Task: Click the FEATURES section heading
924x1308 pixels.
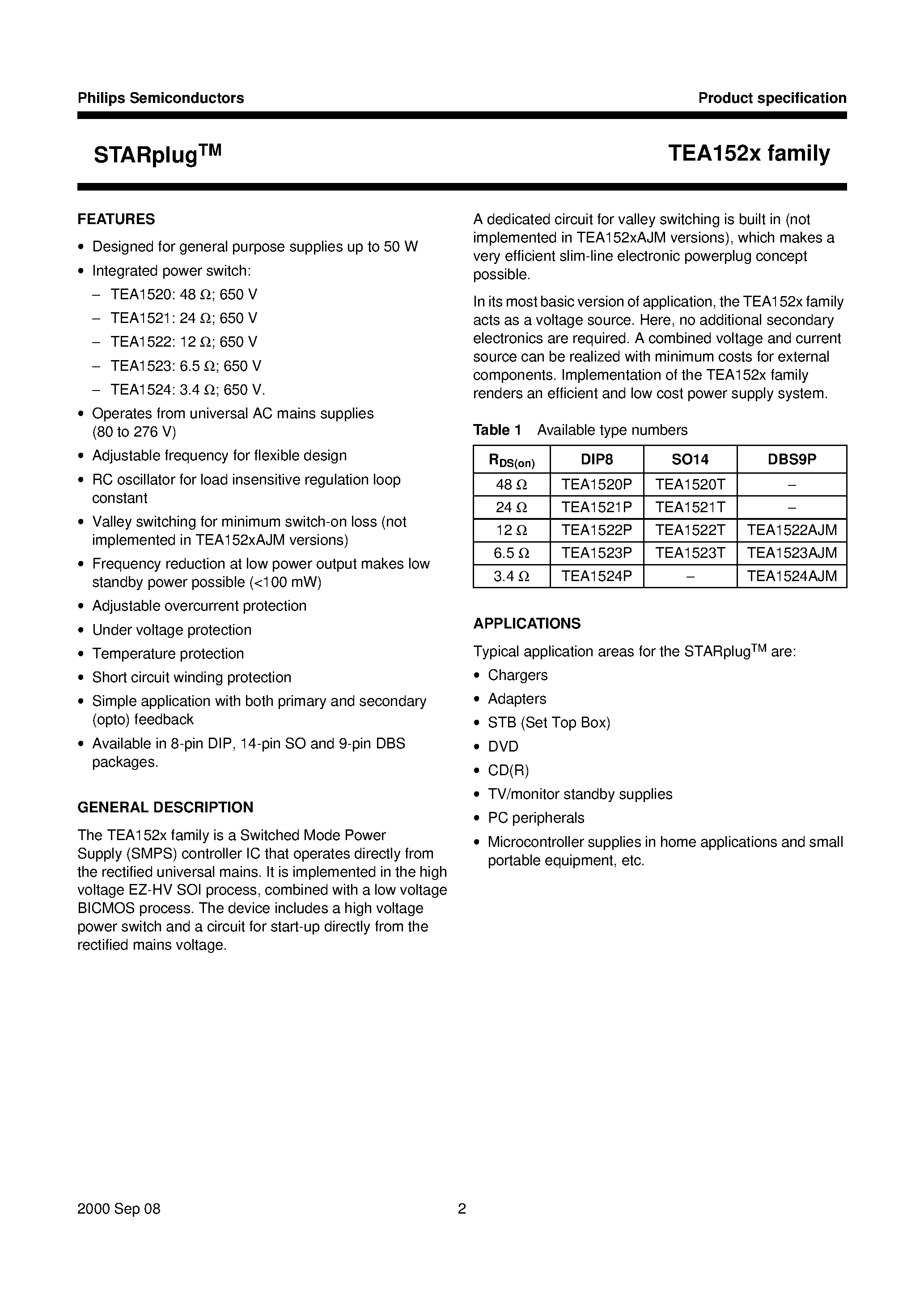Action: point(116,219)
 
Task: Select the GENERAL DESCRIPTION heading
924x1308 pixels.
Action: point(165,807)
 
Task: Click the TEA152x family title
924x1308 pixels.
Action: point(749,153)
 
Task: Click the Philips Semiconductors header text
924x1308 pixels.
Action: point(161,98)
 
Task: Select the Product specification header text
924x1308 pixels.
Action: point(772,98)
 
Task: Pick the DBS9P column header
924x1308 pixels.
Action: point(791,459)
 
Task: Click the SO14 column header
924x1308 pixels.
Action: point(689,459)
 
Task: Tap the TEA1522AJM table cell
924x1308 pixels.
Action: point(791,531)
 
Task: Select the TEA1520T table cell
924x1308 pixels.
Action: point(689,484)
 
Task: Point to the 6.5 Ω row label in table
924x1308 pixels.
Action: point(511,553)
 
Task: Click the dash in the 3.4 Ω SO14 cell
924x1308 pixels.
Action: point(689,576)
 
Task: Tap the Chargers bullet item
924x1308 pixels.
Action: point(517,675)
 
